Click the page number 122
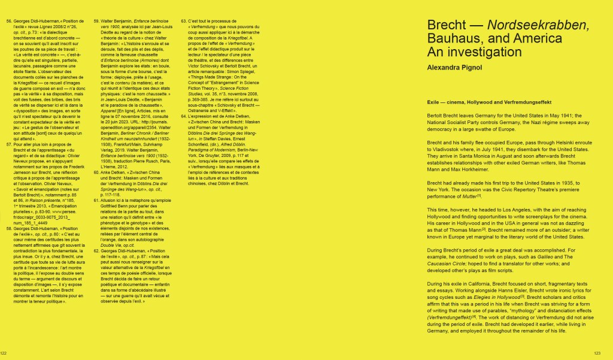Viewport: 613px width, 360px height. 4,352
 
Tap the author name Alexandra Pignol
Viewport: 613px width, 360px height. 453,68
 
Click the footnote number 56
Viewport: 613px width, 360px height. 9,22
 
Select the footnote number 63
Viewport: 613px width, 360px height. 183,22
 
